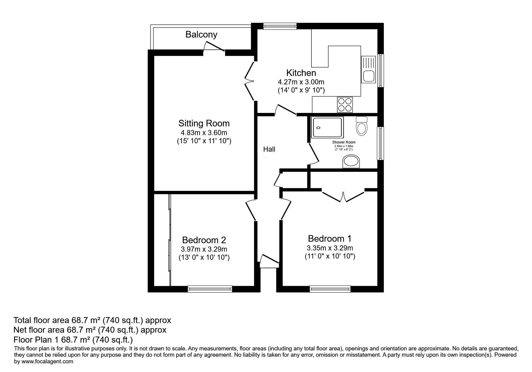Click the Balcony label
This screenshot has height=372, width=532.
pyautogui.click(x=201, y=35)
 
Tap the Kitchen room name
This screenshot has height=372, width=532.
pyautogui.click(x=301, y=73)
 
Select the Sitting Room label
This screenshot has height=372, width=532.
pyautogui.click(x=204, y=123)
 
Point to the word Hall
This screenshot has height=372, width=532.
pyautogui.click(x=269, y=149)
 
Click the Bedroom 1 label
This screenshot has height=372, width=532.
pyautogui.click(x=330, y=239)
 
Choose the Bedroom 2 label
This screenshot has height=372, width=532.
pyautogui.click(x=204, y=240)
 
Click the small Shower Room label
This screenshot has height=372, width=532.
pyautogui.click(x=344, y=142)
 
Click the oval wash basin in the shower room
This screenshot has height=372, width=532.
pyautogui.click(x=351, y=162)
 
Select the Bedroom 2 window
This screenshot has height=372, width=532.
pyautogui.click(x=210, y=289)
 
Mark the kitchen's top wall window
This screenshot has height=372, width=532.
pyautogui.click(x=280, y=26)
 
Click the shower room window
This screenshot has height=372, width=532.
pyautogui.click(x=381, y=143)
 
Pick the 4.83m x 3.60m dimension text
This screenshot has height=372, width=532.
pyautogui.click(x=204, y=133)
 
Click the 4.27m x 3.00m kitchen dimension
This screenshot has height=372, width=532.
pyautogui.click(x=301, y=82)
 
